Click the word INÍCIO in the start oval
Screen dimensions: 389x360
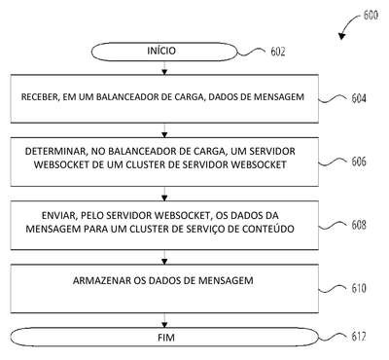pos(161,51)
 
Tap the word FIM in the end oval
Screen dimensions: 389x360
pos(166,338)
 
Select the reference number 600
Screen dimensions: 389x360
pos(371,15)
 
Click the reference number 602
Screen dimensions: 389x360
pos(278,52)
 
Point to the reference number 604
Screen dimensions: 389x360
pos(359,98)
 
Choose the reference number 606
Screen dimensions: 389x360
pos(359,162)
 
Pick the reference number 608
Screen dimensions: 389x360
pos(359,225)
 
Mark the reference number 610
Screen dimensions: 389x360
pos(359,288)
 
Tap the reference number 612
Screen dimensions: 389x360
pos(359,337)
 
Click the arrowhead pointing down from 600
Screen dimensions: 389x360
pos(341,36)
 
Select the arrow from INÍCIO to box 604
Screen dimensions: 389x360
pos(164,68)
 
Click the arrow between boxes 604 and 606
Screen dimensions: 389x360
pos(164,130)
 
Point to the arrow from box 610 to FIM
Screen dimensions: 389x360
pos(164,320)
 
